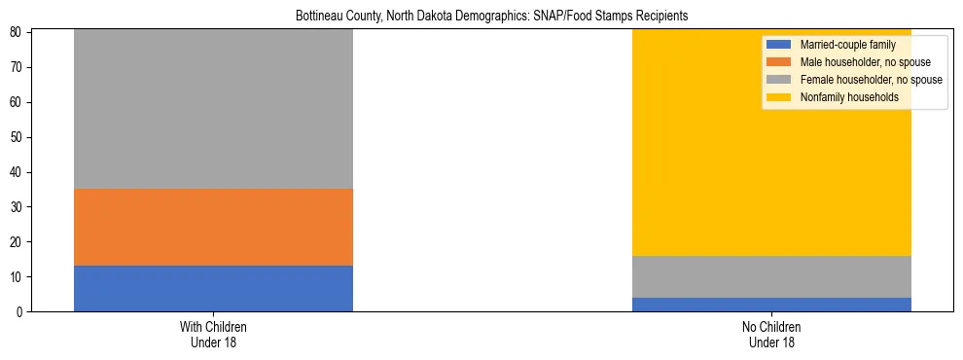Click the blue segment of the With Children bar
(213, 288)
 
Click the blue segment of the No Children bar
(771, 305)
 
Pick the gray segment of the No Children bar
(771, 276)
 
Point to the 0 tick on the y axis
(20, 312)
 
